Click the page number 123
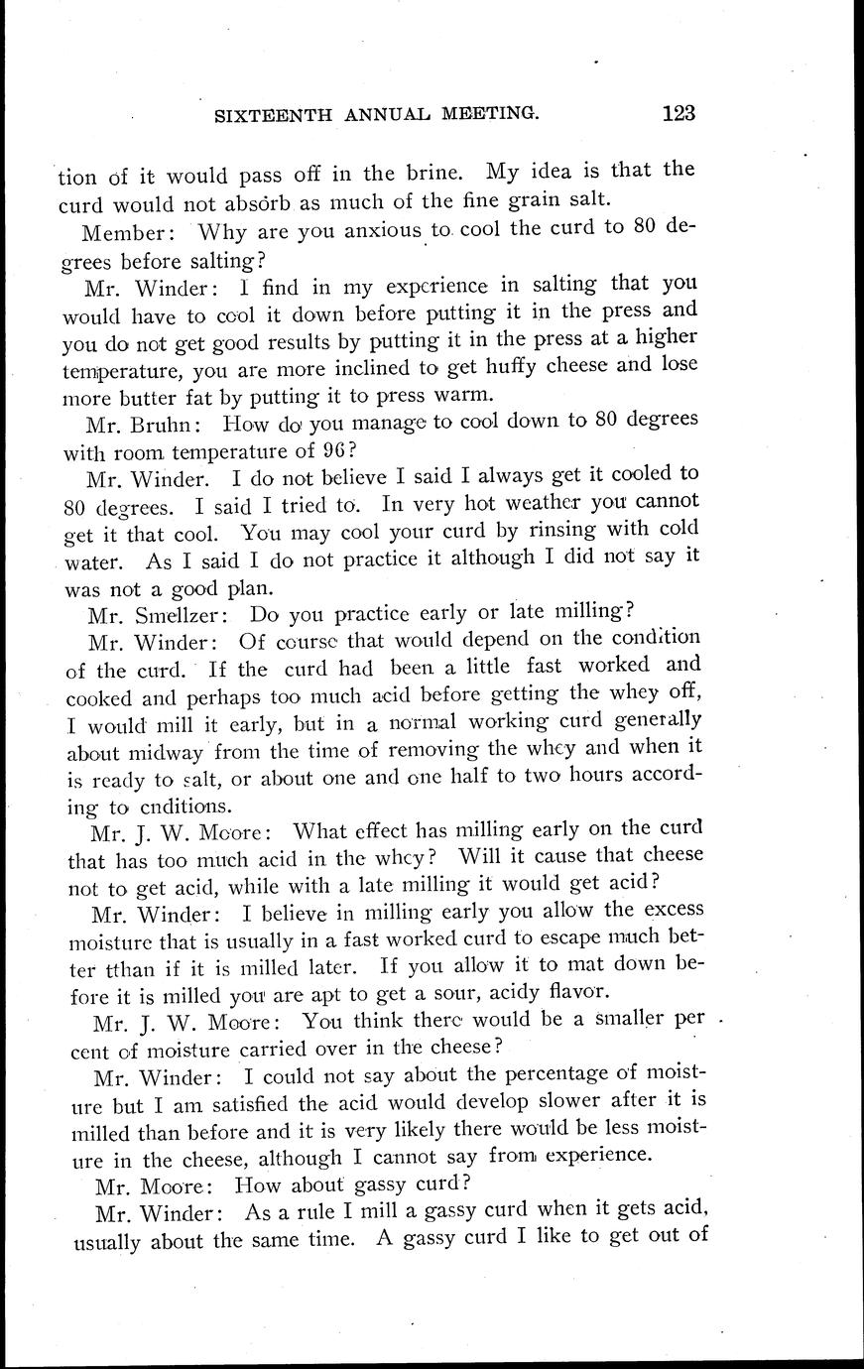coord(678,112)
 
